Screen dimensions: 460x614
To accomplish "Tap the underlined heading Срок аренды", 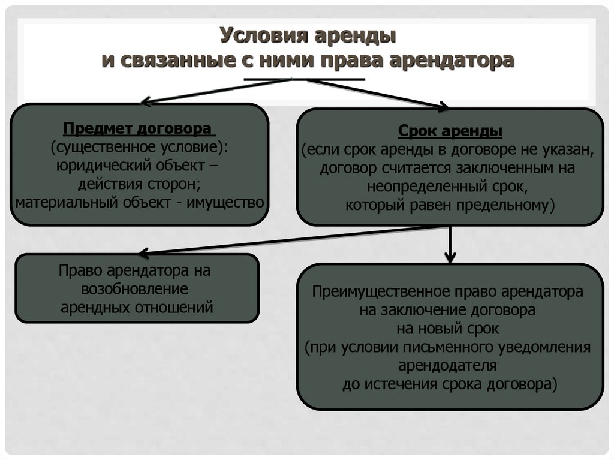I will [450, 131].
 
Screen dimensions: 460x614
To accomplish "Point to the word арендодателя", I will [449, 365].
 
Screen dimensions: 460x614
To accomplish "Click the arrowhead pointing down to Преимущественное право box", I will [450, 258].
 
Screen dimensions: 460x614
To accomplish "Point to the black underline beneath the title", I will [304, 79].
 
